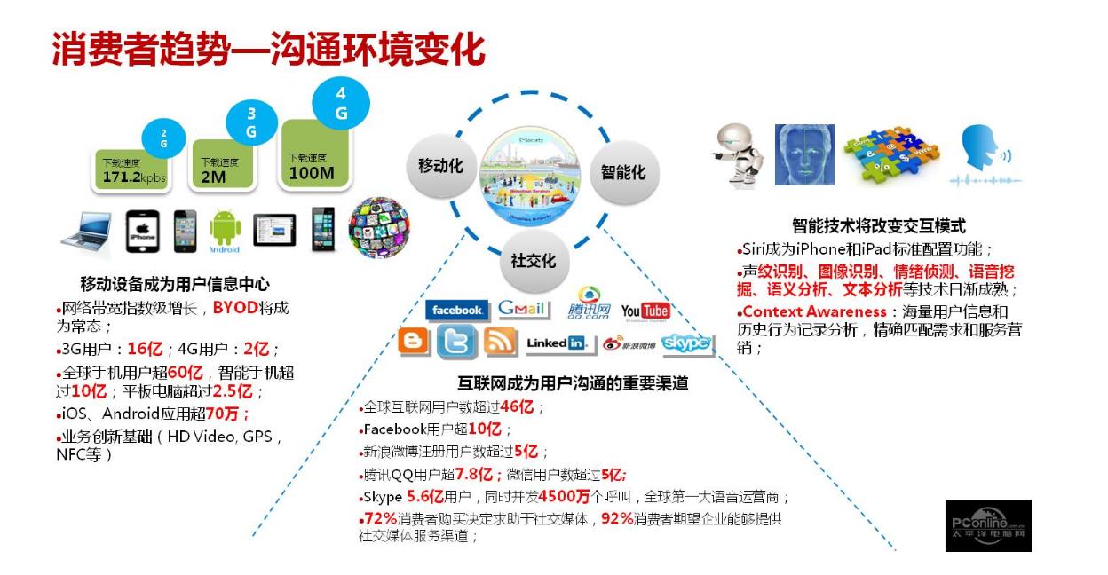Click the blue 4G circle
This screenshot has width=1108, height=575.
click(x=341, y=104)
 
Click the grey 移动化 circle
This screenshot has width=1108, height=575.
click(x=441, y=166)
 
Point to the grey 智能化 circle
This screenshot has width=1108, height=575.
click(x=622, y=172)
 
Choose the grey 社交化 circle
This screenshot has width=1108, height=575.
click(x=533, y=260)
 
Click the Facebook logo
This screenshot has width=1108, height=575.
click(x=457, y=311)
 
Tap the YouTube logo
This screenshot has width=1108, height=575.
click(x=645, y=311)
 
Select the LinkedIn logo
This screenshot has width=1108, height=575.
click(x=557, y=343)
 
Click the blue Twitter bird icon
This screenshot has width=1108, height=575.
click(x=456, y=343)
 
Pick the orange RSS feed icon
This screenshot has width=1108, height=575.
click(x=501, y=343)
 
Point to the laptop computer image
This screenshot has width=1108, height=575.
click(x=87, y=232)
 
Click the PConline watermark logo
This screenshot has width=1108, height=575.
click(x=987, y=524)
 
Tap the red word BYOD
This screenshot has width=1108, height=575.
click(x=233, y=309)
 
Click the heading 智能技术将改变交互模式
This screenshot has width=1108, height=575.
click(x=878, y=226)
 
